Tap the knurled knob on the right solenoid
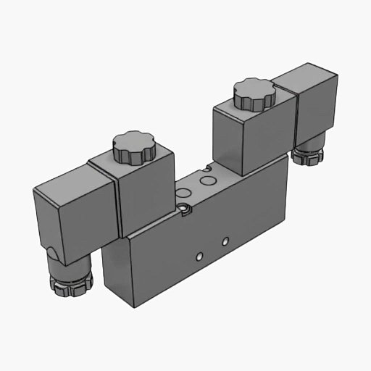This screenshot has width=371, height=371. (x=254, y=94)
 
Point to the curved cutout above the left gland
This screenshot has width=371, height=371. (x=54, y=251)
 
